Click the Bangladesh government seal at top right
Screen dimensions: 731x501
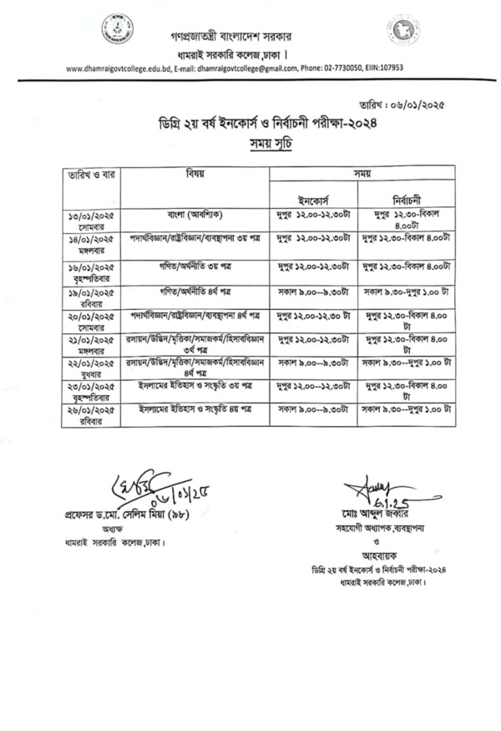coord(402,31)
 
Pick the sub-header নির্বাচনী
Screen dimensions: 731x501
coord(406,199)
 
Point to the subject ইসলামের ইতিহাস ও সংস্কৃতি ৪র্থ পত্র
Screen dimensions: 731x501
coord(195,410)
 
